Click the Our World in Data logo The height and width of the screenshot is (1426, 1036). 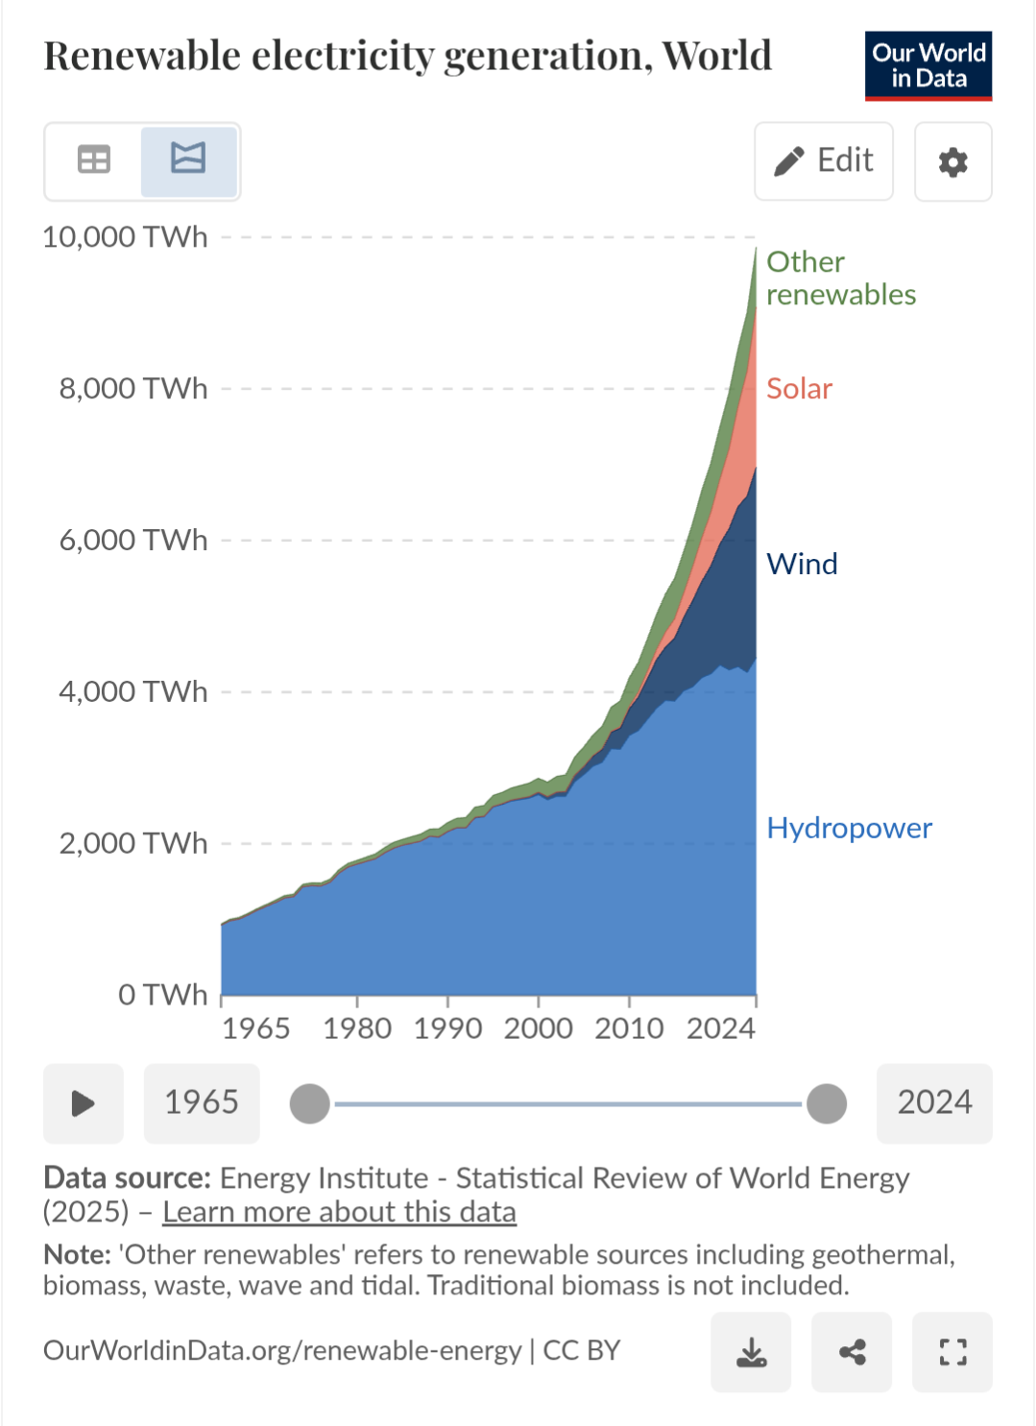pyautogui.click(x=928, y=65)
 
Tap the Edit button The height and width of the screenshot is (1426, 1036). pyautogui.click(x=824, y=161)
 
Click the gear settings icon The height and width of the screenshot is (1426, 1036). pyautogui.click(x=952, y=162)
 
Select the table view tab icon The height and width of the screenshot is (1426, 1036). pyautogui.click(x=94, y=159)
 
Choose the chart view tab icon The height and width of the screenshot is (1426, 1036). pyautogui.click(x=188, y=159)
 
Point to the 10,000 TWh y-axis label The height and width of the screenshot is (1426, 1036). pyautogui.click(x=125, y=237)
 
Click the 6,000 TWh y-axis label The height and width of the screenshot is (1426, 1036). pyautogui.click(x=133, y=541)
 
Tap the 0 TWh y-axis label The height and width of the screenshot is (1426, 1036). pyautogui.click(x=162, y=995)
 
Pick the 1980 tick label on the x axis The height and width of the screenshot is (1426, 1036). pyautogui.click(x=357, y=1028)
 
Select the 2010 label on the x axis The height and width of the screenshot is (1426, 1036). pyautogui.click(x=629, y=1028)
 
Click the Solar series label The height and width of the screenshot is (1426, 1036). pyautogui.click(x=799, y=389)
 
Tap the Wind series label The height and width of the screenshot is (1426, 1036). pyautogui.click(x=802, y=564)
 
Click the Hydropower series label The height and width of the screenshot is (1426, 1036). pyautogui.click(x=849, y=828)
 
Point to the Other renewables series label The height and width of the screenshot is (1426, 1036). pyautogui.click(x=840, y=278)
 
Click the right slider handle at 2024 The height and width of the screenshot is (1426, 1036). pyautogui.click(x=827, y=1103)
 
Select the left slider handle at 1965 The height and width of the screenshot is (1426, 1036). pyautogui.click(x=310, y=1103)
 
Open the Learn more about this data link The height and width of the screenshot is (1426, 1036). pyautogui.click(x=339, y=1212)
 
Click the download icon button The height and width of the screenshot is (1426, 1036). pyautogui.click(x=751, y=1352)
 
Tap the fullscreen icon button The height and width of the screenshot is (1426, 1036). pyautogui.click(x=952, y=1352)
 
